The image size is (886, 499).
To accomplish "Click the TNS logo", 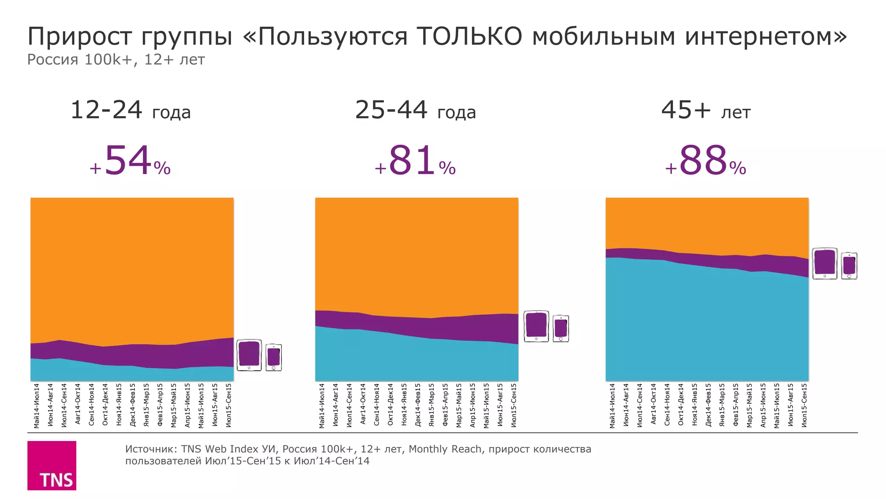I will pyautogui.click(x=51, y=465).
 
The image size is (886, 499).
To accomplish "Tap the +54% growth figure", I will pyautogui.click(x=130, y=161).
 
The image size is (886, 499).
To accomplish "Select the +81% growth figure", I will pyautogui.click(x=415, y=161).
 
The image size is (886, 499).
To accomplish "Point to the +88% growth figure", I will pyautogui.click(x=705, y=161).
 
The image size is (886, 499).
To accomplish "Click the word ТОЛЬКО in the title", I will pyautogui.click(x=470, y=36).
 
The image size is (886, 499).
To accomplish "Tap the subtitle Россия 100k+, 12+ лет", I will pyautogui.click(x=116, y=60).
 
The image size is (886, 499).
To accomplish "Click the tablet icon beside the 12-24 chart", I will pyautogui.click(x=249, y=355).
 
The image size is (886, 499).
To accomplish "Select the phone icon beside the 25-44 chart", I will pyautogui.click(x=561, y=329).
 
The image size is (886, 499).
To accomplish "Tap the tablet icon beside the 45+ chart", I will pyautogui.click(x=825, y=264).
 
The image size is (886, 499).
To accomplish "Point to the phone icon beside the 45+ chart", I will pyautogui.click(x=849, y=266).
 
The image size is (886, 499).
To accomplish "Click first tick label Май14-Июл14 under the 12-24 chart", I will pyautogui.click(x=37, y=405).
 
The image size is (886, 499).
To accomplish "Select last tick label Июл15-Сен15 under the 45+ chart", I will pyautogui.click(x=804, y=405).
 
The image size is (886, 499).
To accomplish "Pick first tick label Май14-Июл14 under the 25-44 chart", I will pyautogui.click(x=321, y=405).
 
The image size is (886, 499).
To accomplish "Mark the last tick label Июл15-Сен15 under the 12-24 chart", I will pyautogui.click(x=228, y=405).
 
